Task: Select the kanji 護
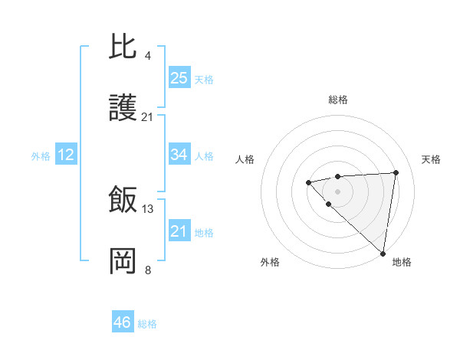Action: [x=123, y=109]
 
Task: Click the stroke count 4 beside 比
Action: [x=147, y=55]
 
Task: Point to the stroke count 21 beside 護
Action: [x=147, y=117]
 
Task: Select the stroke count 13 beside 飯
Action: [x=148, y=208]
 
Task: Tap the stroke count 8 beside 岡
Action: [x=147, y=270]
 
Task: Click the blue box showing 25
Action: [x=179, y=78]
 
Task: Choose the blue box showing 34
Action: [x=179, y=155]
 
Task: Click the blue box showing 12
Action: [x=65, y=155]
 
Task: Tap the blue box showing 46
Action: [x=122, y=322]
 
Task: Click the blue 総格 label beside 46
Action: [x=147, y=324]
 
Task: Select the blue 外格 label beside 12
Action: [x=41, y=156]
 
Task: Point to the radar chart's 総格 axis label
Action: [x=337, y=100]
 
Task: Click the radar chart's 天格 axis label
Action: [x=431, y=159]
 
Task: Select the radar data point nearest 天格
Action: [x=396, y=172]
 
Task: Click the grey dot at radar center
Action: [x=337, y=191]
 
